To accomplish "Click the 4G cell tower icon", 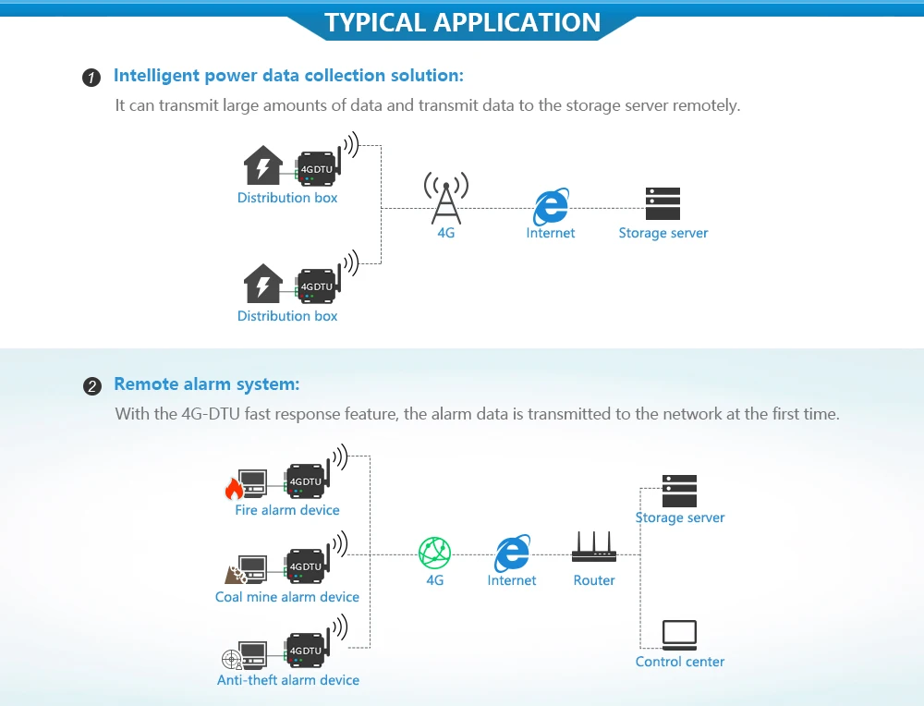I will click(x=445, y=197).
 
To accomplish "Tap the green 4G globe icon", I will click(x=434, y=553).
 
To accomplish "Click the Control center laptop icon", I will click(x=679, y=635).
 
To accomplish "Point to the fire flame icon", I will click(x=233, y=487).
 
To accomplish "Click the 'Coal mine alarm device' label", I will click(x=287, y=597).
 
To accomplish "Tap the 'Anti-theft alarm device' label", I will click(x=288, y=680).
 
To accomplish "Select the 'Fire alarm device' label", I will click(x=287, y=510).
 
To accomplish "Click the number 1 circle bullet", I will click(x=91, y=77).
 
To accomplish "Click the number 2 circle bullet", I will click(x=91, y=386).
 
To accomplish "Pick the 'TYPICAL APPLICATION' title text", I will click(x=462, y=22).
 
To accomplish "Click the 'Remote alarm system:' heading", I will click(x=207, y=384).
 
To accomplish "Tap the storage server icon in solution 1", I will click(x=663, y=203).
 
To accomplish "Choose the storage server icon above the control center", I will click(x=679, y=491).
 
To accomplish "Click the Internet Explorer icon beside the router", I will click(x=512, y=553).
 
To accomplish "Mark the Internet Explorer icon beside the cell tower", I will click(x=551, y=205).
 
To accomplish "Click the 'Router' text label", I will click(x=594, y=580).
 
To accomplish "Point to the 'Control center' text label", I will click(x=680, y=662).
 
